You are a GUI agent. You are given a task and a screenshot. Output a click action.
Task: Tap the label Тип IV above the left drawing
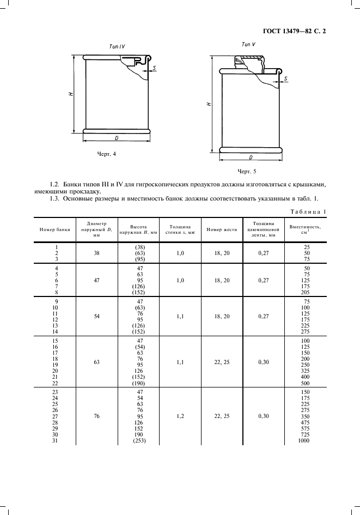pos(117,47)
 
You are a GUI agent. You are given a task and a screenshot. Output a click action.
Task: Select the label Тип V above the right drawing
pos(249,44)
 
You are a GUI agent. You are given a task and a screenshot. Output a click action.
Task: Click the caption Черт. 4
pos(106,154)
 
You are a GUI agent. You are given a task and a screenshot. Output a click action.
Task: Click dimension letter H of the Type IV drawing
pos(71,94)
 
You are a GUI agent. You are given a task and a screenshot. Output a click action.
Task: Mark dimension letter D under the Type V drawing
pos(250,157)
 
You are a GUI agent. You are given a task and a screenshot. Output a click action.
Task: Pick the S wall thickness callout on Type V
pos(286,79)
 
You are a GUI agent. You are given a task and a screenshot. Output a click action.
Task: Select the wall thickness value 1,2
pos(180,416)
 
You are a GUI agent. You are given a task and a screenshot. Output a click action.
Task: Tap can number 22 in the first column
pos(54,383)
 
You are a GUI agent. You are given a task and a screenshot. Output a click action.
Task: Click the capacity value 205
pos(305,291)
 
